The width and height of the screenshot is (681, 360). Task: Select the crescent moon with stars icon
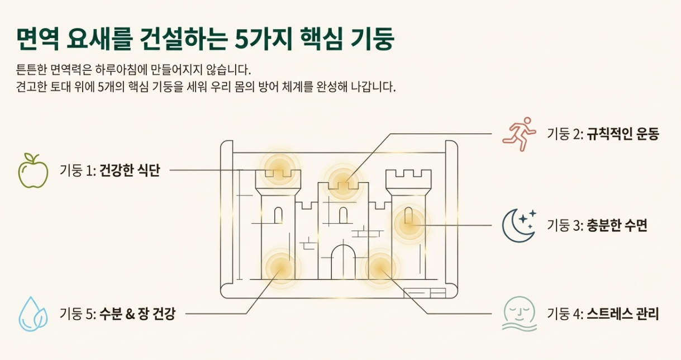pyautogui.click(x=519, y=225)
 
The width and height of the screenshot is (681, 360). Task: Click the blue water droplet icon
pyautogui.click(x=34, y=314)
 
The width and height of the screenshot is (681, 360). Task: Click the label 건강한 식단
pyautogui.click(x=130, y=170)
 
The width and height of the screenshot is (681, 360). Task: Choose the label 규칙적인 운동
pyautogui.click(x=623, y=135)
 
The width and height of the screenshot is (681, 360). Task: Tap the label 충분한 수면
pyautogui.click(x=617, y=226)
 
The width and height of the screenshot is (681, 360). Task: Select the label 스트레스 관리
pyautogui.click(x=623, y=314)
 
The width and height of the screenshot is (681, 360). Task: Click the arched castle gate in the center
pyautogui.click(x=343, y=262)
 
